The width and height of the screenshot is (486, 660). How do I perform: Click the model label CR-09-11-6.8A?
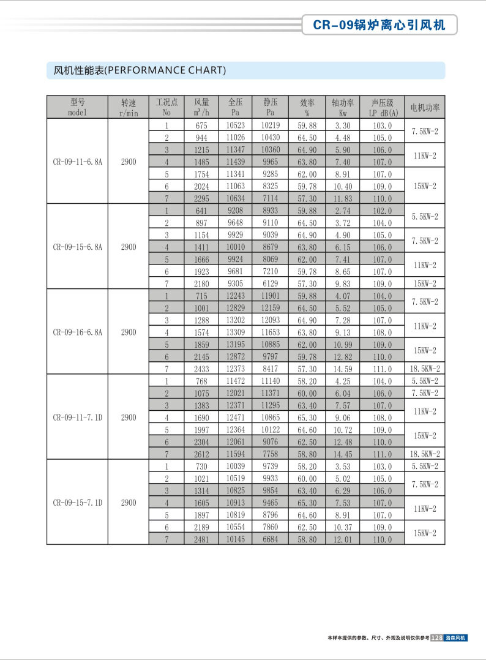click(x=77, y=162)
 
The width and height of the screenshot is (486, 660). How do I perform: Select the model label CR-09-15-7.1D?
click(x=77, y=503)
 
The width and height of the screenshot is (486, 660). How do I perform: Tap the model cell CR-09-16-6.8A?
click(x=77, y=332)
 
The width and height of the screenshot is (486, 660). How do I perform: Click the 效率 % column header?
click(x=307, y=107)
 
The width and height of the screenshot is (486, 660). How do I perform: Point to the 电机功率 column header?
click(x=425, y=107)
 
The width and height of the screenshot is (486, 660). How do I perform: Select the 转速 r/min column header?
click(x=129, y=107)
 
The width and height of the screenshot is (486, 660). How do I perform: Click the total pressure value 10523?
click(x=236, y=126)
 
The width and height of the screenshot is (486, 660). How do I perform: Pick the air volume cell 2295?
click(x=201, y=198)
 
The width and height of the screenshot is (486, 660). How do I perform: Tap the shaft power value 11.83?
click(x=343, y=198)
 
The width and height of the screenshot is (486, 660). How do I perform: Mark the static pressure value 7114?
click(x=271, y=198)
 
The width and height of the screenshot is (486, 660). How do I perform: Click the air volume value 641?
click(x=201, y=211)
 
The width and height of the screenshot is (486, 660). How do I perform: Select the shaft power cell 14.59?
click(x=343, y=369)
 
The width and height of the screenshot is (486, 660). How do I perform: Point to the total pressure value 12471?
click(x=236, y=418)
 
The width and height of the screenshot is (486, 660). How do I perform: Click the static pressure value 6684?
click(x=271, y=539)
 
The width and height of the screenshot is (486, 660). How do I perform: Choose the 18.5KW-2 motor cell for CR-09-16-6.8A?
click(x=425, y=369)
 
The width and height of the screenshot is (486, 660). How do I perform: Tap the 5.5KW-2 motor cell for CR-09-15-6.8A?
click(x=425, y=217)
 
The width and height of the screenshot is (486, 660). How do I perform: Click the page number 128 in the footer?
click(x=437, y=638)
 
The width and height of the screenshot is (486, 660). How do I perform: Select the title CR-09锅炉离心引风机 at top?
click(x=379, y=25)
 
